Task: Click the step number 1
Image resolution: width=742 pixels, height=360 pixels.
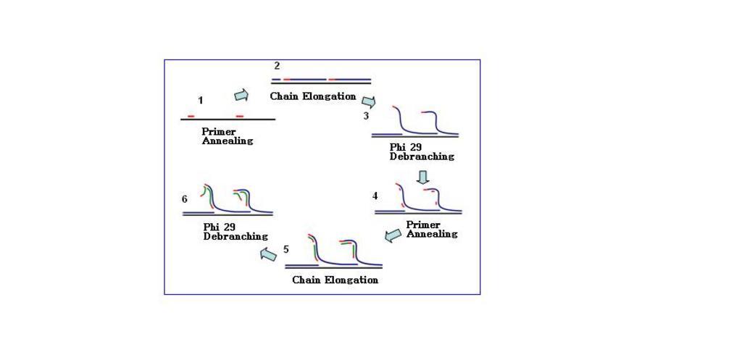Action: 201,100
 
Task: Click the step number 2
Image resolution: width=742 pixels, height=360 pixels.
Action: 277,66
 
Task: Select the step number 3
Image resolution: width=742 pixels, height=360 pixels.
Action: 366,115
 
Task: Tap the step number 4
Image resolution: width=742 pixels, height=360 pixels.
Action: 375,196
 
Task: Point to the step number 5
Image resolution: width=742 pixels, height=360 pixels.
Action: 286,249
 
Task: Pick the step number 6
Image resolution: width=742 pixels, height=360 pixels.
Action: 185,199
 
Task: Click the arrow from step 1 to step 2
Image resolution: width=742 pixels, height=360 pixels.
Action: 241,95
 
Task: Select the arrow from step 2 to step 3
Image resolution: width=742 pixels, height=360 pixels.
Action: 369,102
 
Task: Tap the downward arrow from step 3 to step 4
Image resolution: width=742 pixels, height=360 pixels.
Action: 422,177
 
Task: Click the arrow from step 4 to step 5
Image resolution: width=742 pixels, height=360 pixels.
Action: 393,235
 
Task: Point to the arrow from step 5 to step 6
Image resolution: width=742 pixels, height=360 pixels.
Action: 268,256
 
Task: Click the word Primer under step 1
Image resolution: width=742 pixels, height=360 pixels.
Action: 219,132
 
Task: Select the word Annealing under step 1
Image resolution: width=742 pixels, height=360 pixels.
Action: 228,141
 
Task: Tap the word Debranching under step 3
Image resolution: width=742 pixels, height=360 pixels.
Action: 422,156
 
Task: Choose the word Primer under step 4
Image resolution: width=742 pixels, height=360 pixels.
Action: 423,225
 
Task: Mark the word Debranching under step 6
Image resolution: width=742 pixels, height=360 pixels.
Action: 235,237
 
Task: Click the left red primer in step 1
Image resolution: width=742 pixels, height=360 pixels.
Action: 191,117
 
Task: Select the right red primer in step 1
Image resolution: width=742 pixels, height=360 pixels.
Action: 240,117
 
